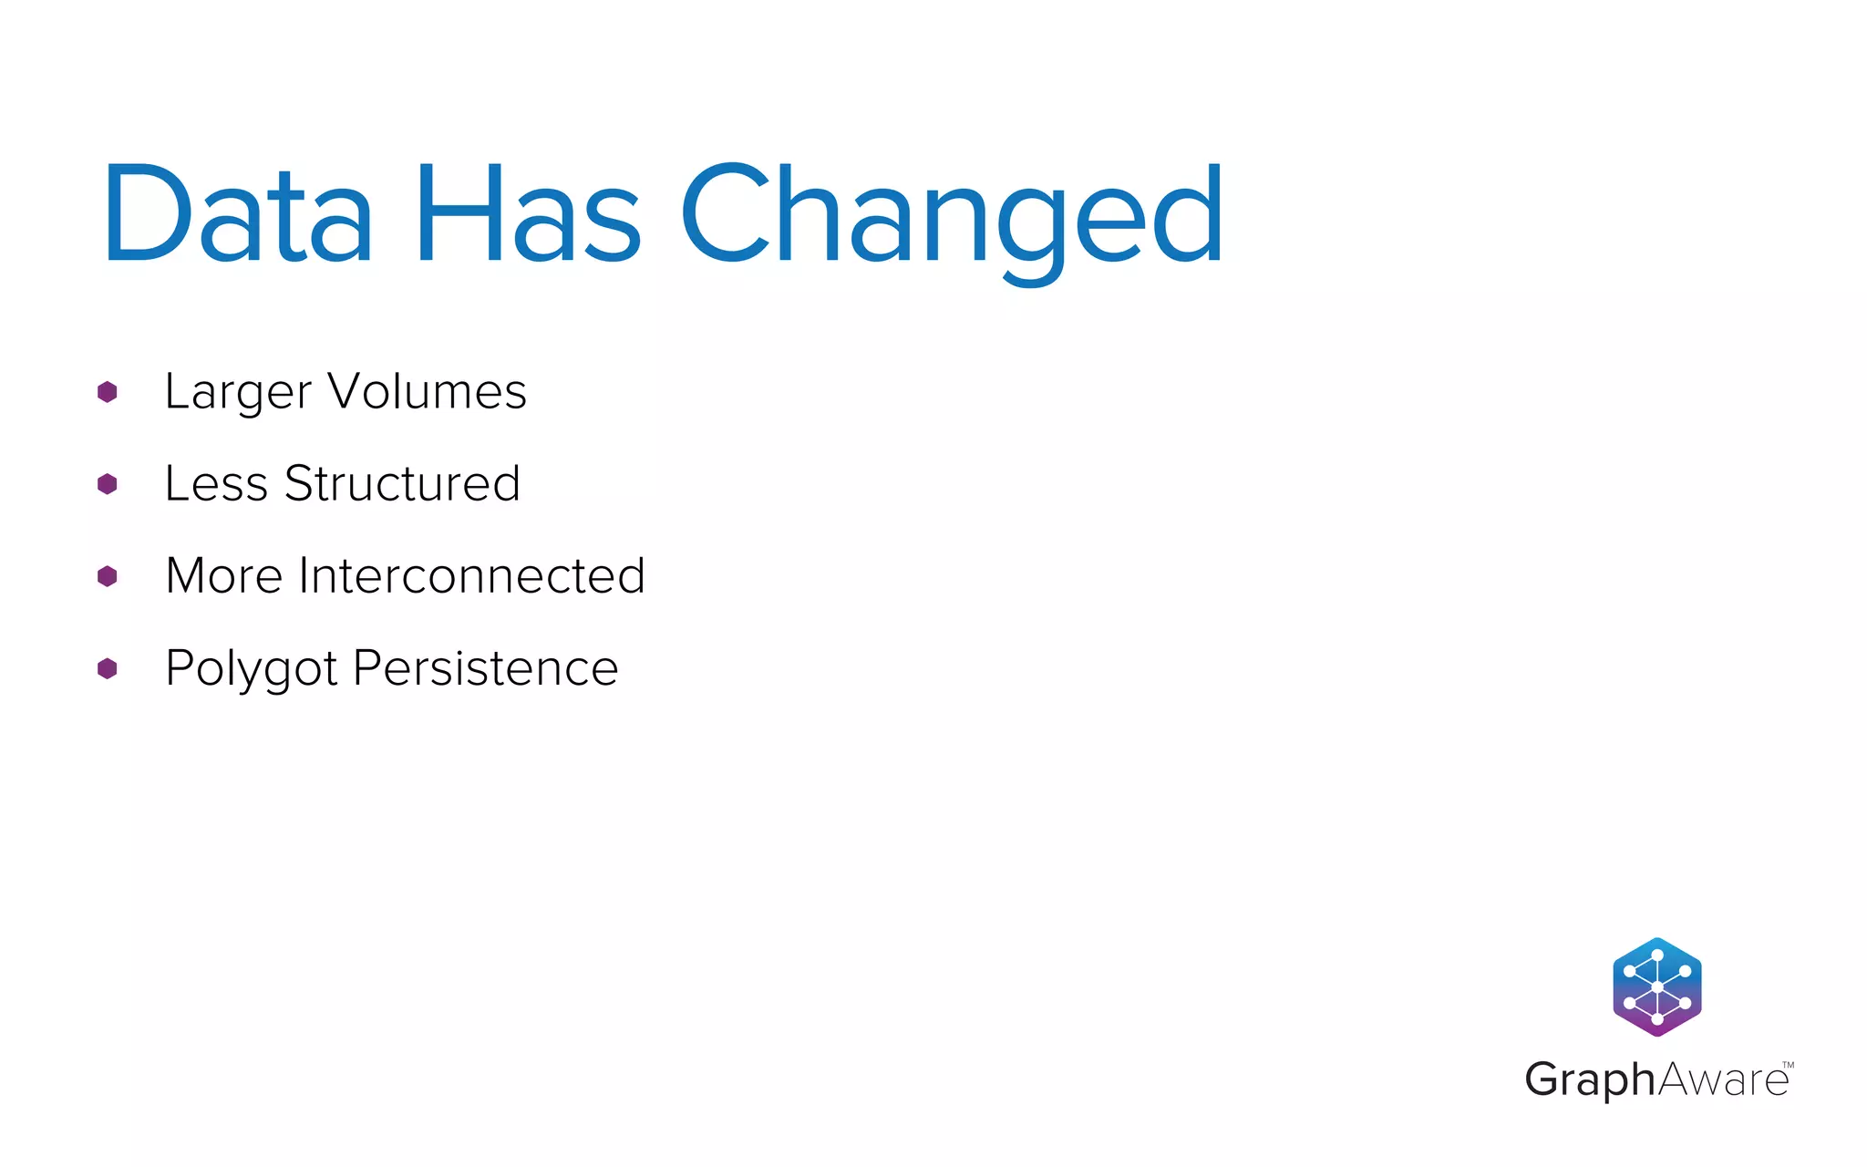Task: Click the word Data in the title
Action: [x=237, y=213]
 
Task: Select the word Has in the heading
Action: [x=529, y=213]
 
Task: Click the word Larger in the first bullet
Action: [x=238, y=393]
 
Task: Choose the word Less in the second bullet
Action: [x=216, y=483]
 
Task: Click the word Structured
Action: [x=402, y=483]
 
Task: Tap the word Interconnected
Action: [x=471, y=576]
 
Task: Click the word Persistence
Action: [x=485, y=668]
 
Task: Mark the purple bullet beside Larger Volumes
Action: [x=108, y=392]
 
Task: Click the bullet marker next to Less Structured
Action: [x=108, y=484]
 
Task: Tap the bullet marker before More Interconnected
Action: [x=108, y=576]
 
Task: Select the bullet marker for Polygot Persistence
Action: [x=108, y=668]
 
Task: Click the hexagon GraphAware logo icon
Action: [x=1657, y=986]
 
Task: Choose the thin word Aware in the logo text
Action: [x=1722, y=1080]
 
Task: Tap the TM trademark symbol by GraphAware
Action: [x=1788, y=1065]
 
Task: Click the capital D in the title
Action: [x=146, y=213]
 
